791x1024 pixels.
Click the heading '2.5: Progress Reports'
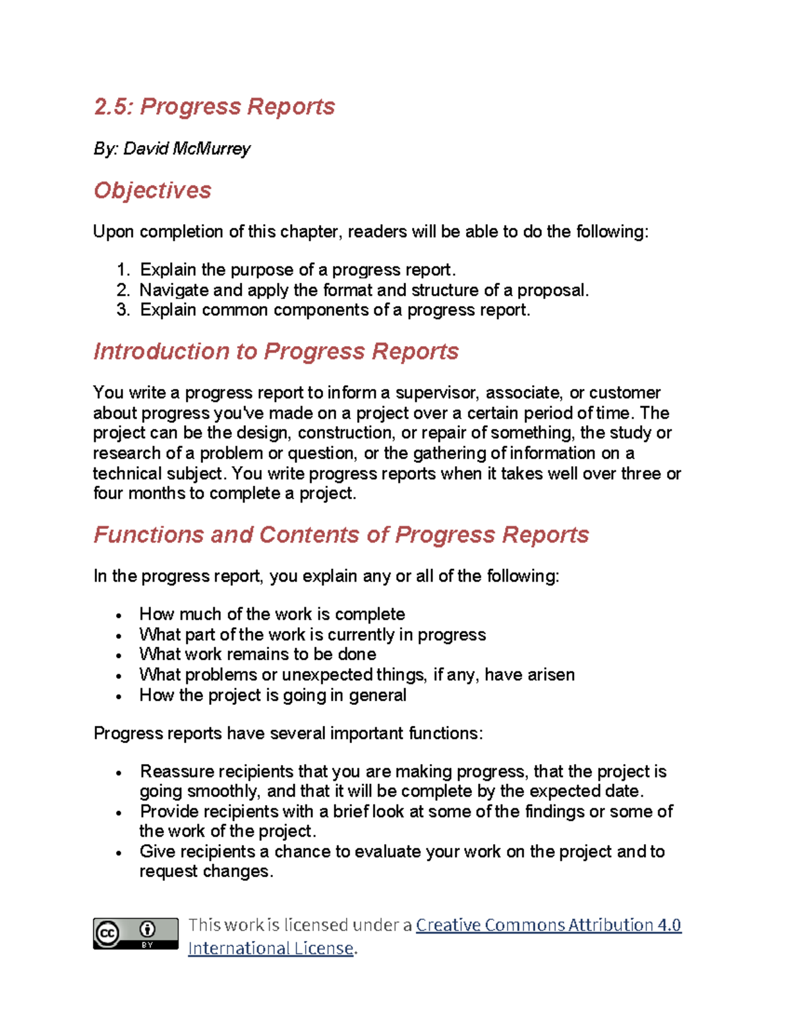coord(214,106)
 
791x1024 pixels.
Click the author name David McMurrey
coord(187,148)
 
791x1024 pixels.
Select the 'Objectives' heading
coord(152,191)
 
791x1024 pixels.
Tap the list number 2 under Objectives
coord(123,290)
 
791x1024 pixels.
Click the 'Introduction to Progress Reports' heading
coord(276,351)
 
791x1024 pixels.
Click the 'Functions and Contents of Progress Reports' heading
coord(341,535)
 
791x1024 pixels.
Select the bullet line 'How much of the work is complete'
coord(272,614)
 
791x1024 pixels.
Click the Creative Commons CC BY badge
coord(135,933)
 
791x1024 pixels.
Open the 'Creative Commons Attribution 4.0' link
coord(548,925)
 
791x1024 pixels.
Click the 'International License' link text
coord(270,948)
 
